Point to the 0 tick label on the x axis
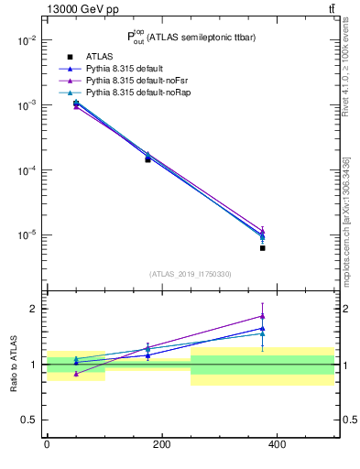pos(47,443)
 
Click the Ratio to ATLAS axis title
pos(14,365)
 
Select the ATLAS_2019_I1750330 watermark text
pos(190,274)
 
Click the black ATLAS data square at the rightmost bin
pos(262,248)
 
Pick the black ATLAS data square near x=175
pos(147,159)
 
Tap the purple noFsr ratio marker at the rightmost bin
pos(262,316)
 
